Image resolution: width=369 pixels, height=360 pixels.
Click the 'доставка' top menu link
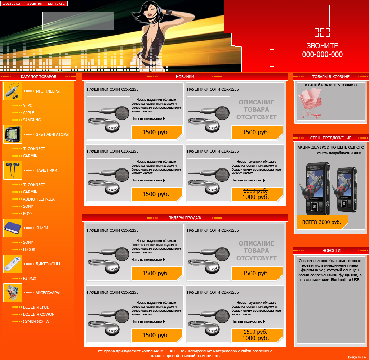(x=12, y=4)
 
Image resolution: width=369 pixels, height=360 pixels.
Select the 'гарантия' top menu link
(x=34, y=4)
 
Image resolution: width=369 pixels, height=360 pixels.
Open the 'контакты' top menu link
(x=57, y=4)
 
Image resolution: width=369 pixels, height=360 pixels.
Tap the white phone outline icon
(x=322, y=21)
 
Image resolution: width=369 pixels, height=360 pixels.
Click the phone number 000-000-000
(x=322, y=54)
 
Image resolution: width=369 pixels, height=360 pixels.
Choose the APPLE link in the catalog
(x=28, y=113)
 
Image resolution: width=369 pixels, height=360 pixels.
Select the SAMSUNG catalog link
(x=32, y=120)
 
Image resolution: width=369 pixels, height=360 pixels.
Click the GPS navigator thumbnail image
(x=13, y=134)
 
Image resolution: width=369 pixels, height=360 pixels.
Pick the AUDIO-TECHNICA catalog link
(x=39, y=199)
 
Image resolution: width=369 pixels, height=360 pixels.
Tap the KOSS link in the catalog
(x=28, y=213)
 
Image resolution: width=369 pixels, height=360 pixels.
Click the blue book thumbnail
(x=13, y=228)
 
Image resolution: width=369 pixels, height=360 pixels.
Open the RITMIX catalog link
(x=30, y=278)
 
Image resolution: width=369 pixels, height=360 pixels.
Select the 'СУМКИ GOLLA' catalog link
(x=36, y=321)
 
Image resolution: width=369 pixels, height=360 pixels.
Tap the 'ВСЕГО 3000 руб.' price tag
(x=322, y=222)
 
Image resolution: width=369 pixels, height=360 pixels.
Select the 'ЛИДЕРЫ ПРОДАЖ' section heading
(x=185, y=218)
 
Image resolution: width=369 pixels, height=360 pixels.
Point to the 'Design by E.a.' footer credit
(x=357, y=357)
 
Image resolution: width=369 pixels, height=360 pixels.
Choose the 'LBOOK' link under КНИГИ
(x=29, y=249)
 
